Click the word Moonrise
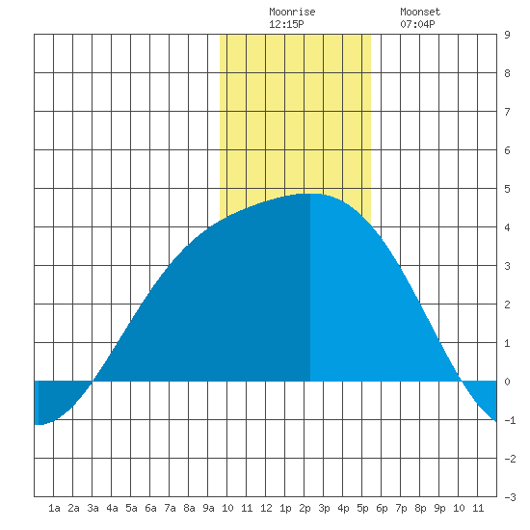click(x=292, y=13)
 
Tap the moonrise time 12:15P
click(x=286, y=24)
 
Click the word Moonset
click(x=420, y=13)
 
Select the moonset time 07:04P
click(x=417, y=24)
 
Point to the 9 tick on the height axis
click(x=507, y=35)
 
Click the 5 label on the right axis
click(x=507, y=189)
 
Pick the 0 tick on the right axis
click(x=507, y=382)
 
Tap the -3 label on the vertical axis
click(x=510, y=497)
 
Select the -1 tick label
click(x=510, y=420)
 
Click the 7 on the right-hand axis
click(x=507, y=112)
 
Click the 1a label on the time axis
click(x=54, y=508)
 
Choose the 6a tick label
click(x=150, y=508)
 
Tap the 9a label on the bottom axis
click(x=208, y=508)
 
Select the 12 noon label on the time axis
click(x=266, y=508)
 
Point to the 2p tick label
click(x=305, y=508)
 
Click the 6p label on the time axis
click(x=382, y=508)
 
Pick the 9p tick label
click(x=439, y=508)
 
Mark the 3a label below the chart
click(x=93, y=508)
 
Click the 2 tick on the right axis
click(x=507, y=305)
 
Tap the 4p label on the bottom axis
click(x=343, y=508)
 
